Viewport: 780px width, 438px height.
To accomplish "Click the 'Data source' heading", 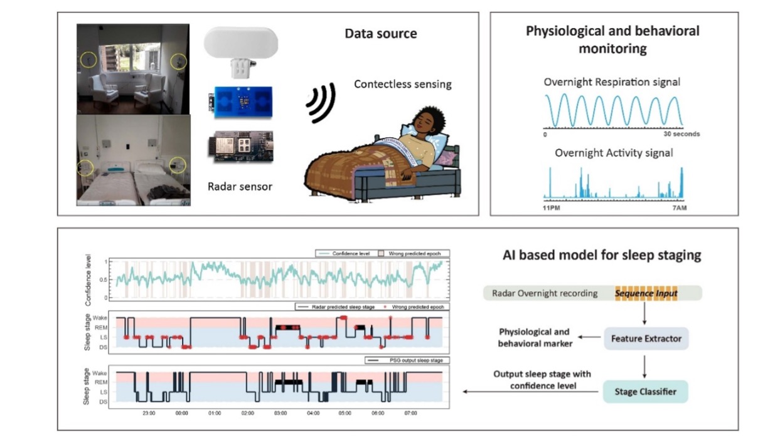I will (380, 33).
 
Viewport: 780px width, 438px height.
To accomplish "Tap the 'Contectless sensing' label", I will (402, 84).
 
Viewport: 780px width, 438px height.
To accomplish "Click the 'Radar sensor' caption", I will (240, 186).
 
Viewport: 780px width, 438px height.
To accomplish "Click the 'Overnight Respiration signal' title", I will (612, 82).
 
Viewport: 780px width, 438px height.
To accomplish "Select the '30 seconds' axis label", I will (681, 134).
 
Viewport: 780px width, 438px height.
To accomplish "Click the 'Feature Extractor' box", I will (646, 338).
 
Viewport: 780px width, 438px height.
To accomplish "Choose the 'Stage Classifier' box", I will (646, 392).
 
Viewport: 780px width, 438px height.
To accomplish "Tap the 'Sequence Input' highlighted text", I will (645, 293).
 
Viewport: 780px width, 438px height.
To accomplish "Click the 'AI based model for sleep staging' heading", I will (602, 255).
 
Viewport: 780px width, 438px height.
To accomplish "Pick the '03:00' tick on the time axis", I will (280, 414).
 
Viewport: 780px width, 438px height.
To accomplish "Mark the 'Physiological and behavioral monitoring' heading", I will (612, 39).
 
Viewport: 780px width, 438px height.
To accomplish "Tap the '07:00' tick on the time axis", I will (410, 414).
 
